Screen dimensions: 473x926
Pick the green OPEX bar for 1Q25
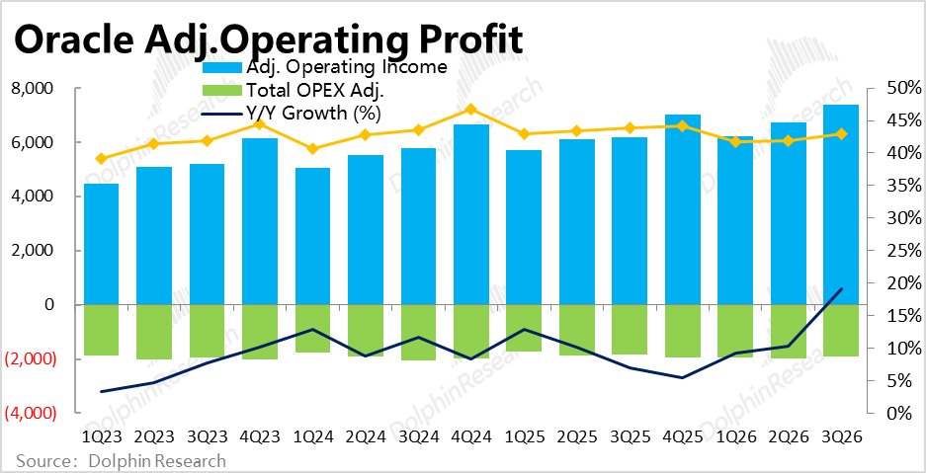[523, 328]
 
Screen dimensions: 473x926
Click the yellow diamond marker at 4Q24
[470, 110]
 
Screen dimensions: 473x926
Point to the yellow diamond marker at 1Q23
[101, 158]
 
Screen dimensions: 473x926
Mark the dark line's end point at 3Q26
[840, 289]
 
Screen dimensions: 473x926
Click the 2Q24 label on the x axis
[365, 436]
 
